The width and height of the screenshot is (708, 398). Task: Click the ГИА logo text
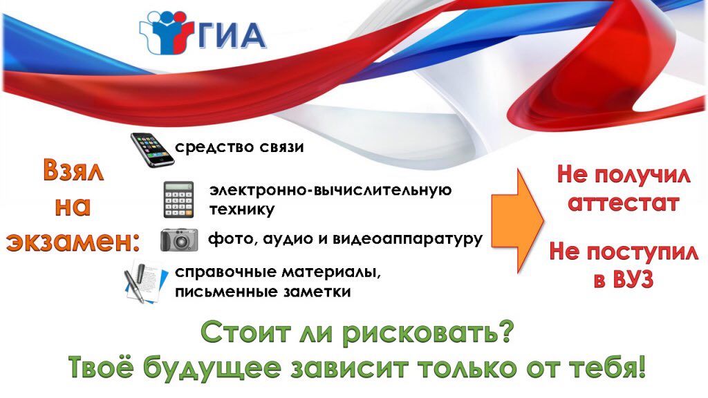[231, 35]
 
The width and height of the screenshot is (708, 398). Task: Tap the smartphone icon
[152, 150]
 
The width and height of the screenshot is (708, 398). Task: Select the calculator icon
[178, 200]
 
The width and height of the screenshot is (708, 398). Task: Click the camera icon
[179, 240]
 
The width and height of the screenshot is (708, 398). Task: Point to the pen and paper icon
[146, 281]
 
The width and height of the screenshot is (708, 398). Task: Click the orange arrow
[517, 220]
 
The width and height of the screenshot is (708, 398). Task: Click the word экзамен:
[73, 243]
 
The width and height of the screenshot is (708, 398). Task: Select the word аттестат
[623, 202]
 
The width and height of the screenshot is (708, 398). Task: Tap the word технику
[241, 210]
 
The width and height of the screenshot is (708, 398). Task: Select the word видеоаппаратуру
[407, 238]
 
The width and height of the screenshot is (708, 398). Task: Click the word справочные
[225, 272]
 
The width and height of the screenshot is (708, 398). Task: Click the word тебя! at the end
[606, 368]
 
